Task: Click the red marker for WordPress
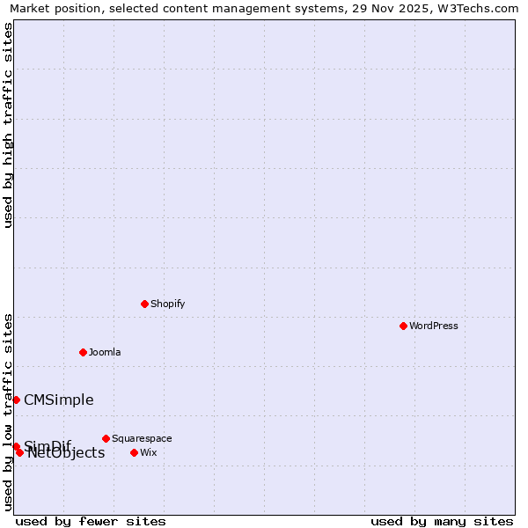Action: coord(403,326)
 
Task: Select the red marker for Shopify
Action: coord(144,304)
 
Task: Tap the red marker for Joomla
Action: coord(83,352)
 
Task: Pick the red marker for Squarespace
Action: coord(106,438)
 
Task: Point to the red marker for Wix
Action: coord(134,452)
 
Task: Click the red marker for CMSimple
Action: coord(16,400)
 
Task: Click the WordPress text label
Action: coord(434,326)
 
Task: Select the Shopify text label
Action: coord(167,304)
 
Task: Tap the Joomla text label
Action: coord(105,352)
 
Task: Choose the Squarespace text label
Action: coord(142,438)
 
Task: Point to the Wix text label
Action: coord(148,452)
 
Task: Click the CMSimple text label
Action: coord(58,400)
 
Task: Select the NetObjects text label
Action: coord(66,453)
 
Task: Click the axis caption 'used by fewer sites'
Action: coord(91,521)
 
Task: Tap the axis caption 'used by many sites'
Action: coord(442,521)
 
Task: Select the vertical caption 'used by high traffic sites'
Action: coord(8,125)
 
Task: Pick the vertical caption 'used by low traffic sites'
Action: coord(8,412)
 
